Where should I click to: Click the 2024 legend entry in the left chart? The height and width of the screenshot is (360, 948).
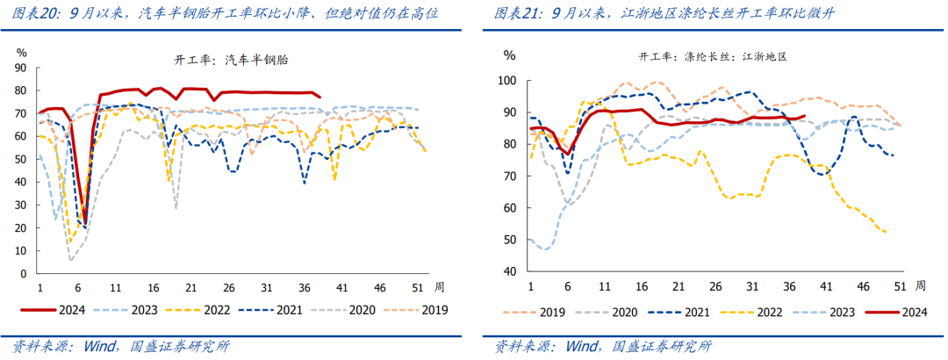tap(62, 309)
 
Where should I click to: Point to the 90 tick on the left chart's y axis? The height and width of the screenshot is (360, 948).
tap(23, 68)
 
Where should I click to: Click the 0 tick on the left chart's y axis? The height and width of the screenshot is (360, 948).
tap(26, 275)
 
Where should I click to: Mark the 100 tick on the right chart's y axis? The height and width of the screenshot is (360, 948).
tap(508, 81)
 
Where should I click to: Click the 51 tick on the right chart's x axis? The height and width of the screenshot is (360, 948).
tap(900, 285)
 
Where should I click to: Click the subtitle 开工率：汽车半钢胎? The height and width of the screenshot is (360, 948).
tap(233, 60)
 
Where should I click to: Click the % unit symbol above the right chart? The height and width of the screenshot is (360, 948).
tap(509, 54)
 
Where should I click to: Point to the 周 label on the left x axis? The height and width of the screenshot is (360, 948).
tap(440, 287)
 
